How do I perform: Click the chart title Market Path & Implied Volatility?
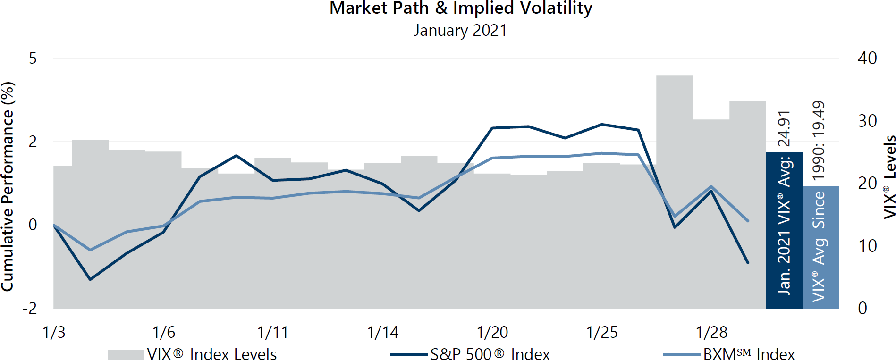[461, 8]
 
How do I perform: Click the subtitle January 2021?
[460, 31]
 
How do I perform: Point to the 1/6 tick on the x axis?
[163, 332]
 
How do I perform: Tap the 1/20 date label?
[492, 332]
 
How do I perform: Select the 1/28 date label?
[711, 332]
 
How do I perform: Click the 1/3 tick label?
[54, 332]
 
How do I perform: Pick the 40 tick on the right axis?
[867, 59]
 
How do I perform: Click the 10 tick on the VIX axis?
[867, 246]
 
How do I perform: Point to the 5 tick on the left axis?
[33, 59]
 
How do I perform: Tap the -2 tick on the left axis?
[30, 308]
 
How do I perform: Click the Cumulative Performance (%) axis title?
[8, 186]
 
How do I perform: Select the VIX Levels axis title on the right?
[889, 177]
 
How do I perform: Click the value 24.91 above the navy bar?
[784, 128]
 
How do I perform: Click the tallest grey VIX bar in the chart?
[674, 189]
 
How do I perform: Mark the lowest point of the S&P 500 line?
[90, 279]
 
